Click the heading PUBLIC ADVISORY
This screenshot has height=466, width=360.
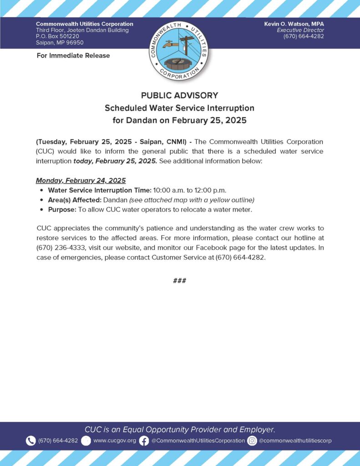coord(179,96)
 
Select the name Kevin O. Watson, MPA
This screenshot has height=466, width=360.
coord(294,24)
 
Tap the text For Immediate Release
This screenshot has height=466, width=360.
coord(73,56)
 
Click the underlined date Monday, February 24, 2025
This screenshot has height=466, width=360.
coord(81,180)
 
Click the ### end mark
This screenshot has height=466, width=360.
coord(179,280)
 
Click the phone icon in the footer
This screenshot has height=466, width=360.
coord(31,441)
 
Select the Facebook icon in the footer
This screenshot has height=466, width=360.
coord(144,441)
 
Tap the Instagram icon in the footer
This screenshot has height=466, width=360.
coord(252,441)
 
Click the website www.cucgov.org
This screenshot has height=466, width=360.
coord(115,441)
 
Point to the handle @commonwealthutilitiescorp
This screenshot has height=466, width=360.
coord(295,441)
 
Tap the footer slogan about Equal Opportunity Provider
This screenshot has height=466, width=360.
coord(180,429)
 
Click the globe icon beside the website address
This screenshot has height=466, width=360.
coord(86,441)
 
